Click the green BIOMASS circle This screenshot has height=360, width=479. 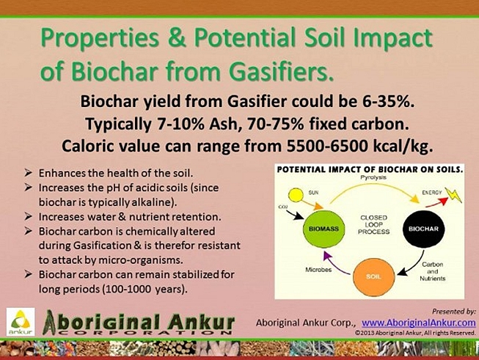(323, 229)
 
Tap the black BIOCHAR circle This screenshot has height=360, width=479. (423, 229)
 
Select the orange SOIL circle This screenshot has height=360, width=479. (373, 276)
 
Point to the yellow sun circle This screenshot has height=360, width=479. (296, 195)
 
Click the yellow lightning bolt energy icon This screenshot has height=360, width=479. (453, 196)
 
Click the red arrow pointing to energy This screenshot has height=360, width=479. (436, 202)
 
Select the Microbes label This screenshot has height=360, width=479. (318, 270)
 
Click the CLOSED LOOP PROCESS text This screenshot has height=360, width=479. (373, 225)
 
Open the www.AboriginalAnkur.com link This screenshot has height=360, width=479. (419, 323)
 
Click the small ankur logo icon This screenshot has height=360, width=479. (21, 322)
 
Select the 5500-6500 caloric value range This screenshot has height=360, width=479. (327, 146)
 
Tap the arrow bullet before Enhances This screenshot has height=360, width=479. (29, 173)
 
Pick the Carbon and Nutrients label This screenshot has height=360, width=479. (433, 271)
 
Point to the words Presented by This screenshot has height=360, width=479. (453, 312)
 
